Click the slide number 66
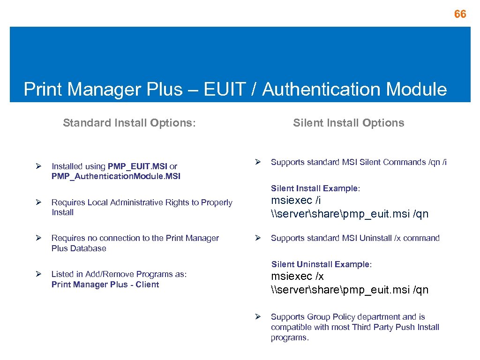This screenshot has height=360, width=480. [460, 15]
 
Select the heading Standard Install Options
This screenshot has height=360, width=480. [129, 123]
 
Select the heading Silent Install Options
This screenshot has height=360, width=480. [348, 123]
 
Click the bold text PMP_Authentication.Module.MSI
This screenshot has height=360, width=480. [116, 176]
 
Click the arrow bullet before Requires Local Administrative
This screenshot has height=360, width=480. [39, 202]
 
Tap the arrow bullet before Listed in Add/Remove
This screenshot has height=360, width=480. [39, 274]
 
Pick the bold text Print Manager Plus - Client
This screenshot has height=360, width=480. [105, 285]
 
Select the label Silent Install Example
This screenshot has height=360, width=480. [315, 188]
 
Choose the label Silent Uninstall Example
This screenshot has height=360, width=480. [321, 264]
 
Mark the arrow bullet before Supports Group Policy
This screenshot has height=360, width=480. [257, 317]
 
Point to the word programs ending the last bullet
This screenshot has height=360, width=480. [289, 338]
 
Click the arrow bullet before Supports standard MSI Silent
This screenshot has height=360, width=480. [257, 162]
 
